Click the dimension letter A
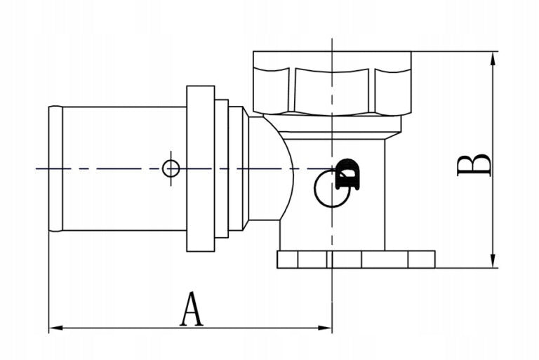tap(192, 309)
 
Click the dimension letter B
tap(474, 166)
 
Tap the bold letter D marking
tap(347, 174)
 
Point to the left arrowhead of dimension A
tap(55, 328)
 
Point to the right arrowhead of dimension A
tap(325, 328)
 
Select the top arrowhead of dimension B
tap(493, 58)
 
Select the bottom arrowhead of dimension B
tap(493, 261)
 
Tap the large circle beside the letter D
tap(315, 189)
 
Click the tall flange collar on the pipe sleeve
tap(201, 168)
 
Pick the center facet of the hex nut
tap(332, 91)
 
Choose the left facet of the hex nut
tap(271, 90)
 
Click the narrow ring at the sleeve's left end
tap(55, 169)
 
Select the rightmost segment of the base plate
tap(421, 259)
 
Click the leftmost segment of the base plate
tap(287, 259)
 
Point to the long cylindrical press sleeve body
tap(124, 169)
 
